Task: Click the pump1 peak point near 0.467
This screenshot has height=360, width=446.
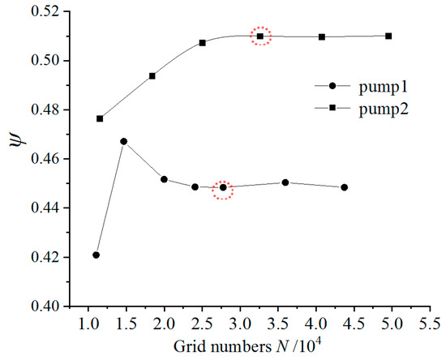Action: coord(124,142)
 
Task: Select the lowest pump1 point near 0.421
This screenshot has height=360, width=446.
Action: coord(96,255)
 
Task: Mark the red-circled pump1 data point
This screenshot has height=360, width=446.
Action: coord(223,188)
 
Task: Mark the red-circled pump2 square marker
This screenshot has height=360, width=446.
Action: coord(260,36)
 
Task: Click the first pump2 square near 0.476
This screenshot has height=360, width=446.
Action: coord(100,118)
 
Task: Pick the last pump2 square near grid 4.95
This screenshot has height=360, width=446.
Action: coord(388,36)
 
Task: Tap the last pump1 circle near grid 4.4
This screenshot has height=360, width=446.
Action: coord(345,187)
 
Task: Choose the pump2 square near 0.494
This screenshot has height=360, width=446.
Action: coord(152,75)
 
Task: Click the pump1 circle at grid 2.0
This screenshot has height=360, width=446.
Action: coord(164,179)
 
